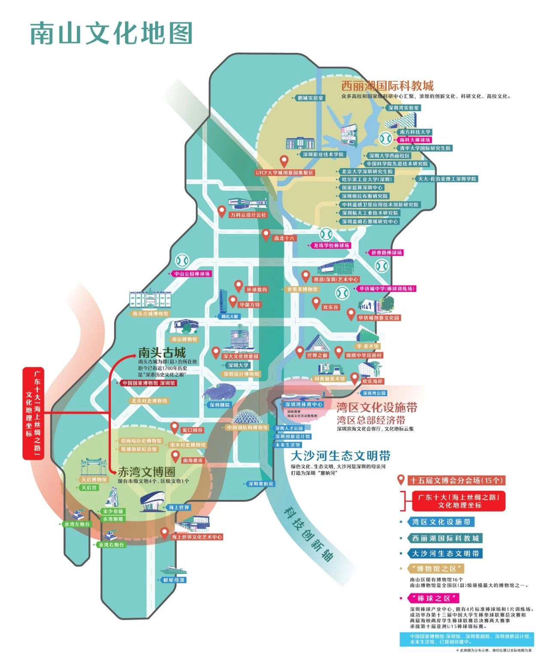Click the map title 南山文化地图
[111, 33]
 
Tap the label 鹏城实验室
[310, 98]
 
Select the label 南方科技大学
[415, 132]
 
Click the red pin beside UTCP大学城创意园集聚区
[284, 161]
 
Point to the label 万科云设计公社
[248, 215]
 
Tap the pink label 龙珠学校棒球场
[331, 246]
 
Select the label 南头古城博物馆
[151, 314]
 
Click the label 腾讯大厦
[229, 317]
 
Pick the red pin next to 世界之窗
[300, 353]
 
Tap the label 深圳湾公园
[374, 393]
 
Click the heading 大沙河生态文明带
[340, 456]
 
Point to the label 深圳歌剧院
[260, 484]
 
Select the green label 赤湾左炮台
[77, 524]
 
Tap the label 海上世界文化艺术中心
[197, 537]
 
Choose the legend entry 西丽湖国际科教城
[445, 538]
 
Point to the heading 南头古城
[162, 353]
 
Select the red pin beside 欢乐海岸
[354, 378]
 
